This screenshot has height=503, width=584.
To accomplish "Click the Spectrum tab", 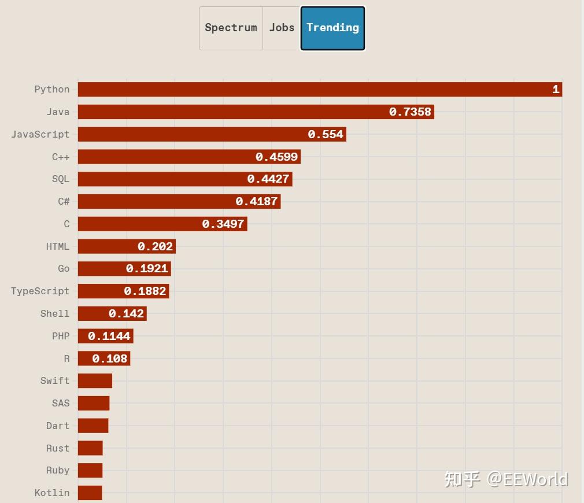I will coord(231,28).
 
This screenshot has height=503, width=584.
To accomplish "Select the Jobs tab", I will coord(282,28).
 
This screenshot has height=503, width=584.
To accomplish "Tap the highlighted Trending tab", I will coord(332,28).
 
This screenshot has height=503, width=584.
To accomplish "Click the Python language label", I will coord(51,90).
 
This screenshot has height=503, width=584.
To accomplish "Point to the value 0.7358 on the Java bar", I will coord(410,112).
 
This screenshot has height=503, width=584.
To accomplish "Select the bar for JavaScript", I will coord(212,135).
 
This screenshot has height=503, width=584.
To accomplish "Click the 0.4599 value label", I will coord(276,157).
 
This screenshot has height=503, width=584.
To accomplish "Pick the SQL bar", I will coord(185,179).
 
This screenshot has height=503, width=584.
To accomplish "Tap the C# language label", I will coord(64,202).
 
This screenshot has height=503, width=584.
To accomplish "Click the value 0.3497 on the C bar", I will coord(223,224).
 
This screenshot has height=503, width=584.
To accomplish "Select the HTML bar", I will coord(127,247).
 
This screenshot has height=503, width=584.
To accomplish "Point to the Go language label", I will coord(64,269).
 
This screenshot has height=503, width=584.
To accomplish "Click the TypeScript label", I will coord(40,291).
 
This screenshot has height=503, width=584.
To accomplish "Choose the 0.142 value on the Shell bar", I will coord(126,314).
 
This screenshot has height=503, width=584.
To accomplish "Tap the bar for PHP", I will coord(105,336).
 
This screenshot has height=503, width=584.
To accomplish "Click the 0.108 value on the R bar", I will coord(109,359).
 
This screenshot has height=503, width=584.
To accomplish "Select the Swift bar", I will coord(95,381).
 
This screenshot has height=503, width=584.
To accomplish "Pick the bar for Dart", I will coord(93,426).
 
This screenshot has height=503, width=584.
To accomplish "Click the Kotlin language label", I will coord(51,493).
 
